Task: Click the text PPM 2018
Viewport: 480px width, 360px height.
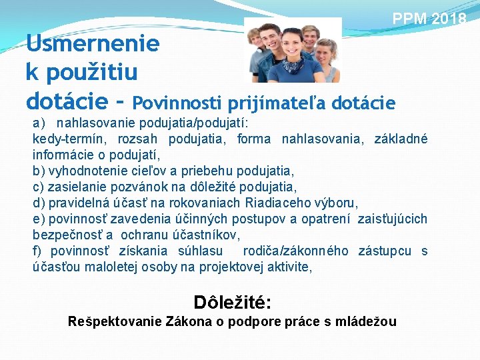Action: pyautogui.click(x=429, y=18)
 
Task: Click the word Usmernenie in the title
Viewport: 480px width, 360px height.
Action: pyautogui.click(x=93, y=44)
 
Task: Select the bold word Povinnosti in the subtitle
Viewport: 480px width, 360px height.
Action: pyautogui.click(x=177, y=103)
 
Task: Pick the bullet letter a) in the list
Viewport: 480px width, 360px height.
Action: pyautogui.click(x=39, y=123)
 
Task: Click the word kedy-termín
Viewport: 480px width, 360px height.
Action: pyautogui.click(x=69, y=139)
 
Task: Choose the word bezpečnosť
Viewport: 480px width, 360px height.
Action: pyautogui.click(x=65, y=235)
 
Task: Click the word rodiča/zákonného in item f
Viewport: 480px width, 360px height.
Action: pyautogui.click(x=295, y=251)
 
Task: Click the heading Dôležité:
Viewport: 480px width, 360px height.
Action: pyautogui.click(x=231, y=302)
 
